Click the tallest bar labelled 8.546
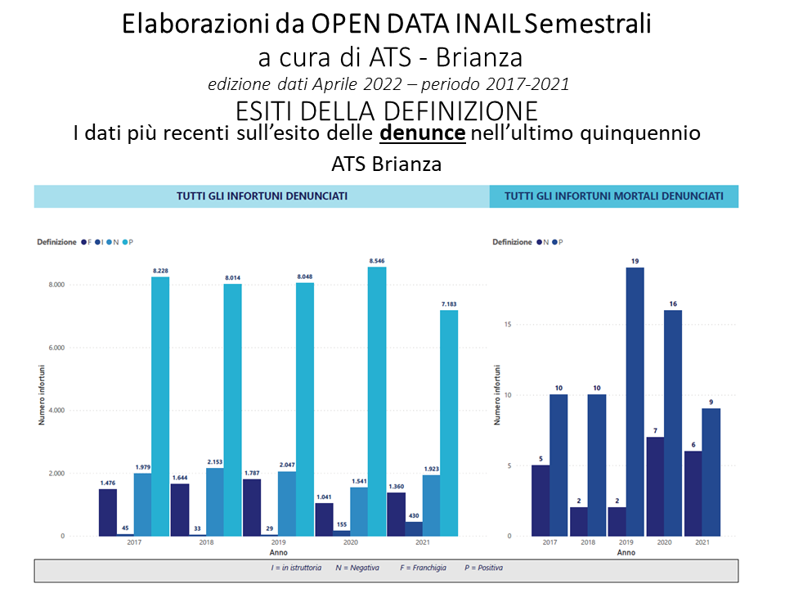click(376, 401)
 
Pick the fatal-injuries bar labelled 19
click(635, 402)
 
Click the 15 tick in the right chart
click(508, 325)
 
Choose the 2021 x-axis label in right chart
click(701, 543)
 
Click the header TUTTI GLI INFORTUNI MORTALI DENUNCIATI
click(613, 196)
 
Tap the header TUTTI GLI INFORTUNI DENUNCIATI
click(262, 196)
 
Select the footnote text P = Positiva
click(483, 568)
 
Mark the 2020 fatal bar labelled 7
click(653, 486)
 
